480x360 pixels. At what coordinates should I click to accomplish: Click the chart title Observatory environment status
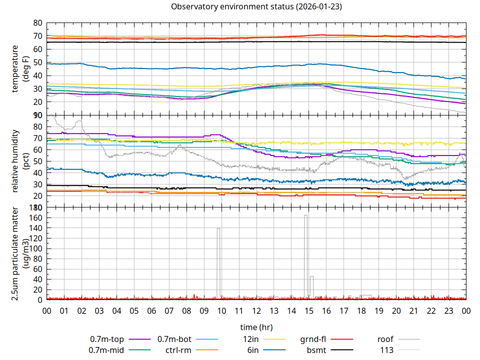(256, 7)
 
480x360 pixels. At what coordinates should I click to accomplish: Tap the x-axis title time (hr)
(256, 327)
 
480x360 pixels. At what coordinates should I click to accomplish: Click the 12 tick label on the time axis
(256, 310)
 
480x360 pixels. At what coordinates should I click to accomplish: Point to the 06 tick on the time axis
(151, 310)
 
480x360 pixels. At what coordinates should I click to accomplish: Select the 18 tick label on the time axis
(361, 310)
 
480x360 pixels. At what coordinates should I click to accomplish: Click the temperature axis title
(20, 68)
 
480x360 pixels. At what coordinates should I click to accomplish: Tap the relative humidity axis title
(20, 161)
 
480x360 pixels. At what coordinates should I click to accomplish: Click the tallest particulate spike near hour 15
(305, 216)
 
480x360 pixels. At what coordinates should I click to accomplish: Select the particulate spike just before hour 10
(218, 229)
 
